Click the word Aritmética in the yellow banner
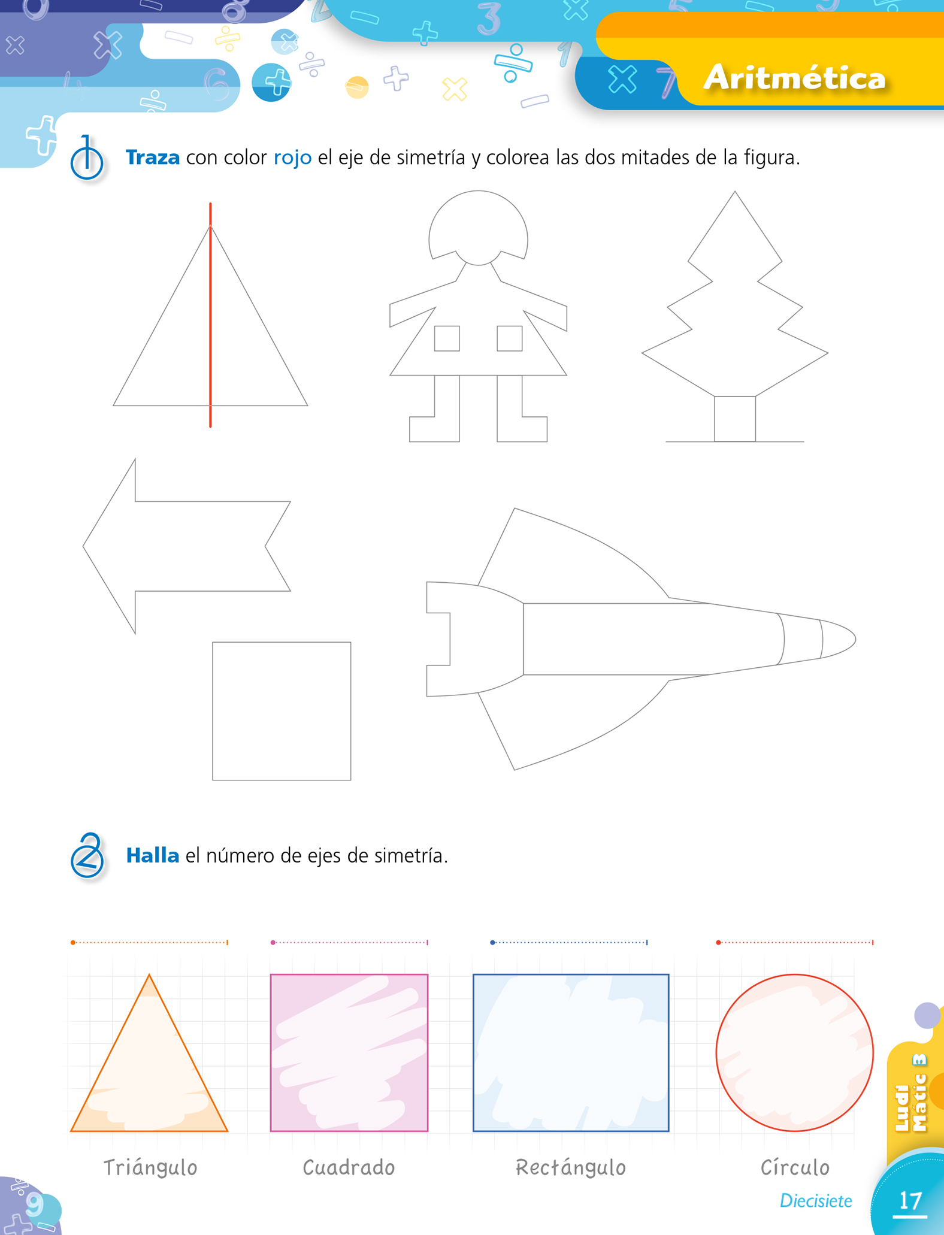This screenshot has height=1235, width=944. pyautogui.click(x=794, y=78)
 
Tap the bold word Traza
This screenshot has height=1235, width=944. pyautogui.click(x=153, y=158)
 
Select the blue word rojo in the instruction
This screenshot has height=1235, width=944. pyautogui.click(x=292, y=158)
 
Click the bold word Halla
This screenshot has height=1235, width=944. pyautogui.click(x=153, y=855)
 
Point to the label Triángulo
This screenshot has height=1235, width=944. pyautogui.click(x=150, y=1167)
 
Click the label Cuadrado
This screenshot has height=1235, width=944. pyautogui.click(x=349, y=1167)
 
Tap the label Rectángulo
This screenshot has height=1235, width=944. pyautogui.click(x=571, y=1167)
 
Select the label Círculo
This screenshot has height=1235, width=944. pyautogui.click(x=795, y=1167)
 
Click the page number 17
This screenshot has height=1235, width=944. pyautogui.click(x=910, y=1201)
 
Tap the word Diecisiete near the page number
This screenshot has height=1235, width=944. pyautogui.click(x=816, y=1201)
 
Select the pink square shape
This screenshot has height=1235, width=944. pyautogui.click(x=271, y=1053)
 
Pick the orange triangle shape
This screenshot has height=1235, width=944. pyautogui.click(x=110, y=1053)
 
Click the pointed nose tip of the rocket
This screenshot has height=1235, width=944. pyautogui.click(x=855, y=639)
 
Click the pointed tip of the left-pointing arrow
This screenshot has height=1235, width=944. pyautogui.click(x=83, y=546)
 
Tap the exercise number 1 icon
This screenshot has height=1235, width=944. pyautogui.click(x=87, y=159)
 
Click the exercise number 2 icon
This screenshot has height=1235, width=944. pyautogui.click(x=87, y=855)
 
